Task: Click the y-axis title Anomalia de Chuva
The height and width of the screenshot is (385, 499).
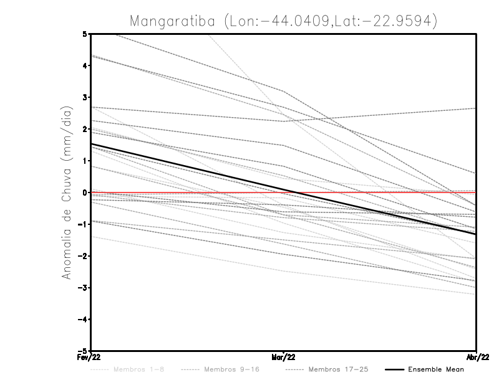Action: click(67, 192)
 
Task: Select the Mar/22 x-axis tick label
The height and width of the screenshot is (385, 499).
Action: click(283, 358)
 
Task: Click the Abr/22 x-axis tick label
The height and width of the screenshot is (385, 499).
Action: click(477, 358)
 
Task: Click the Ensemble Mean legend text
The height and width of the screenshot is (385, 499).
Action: click(435, 369)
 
